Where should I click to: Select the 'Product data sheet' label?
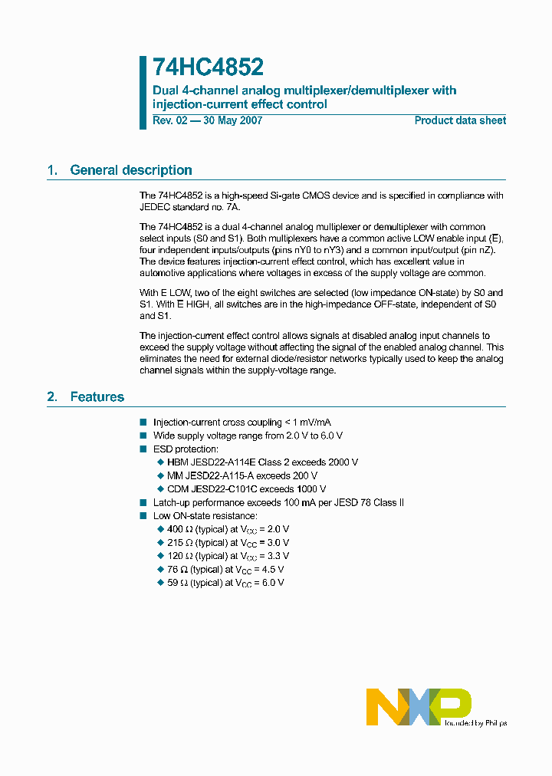[460, 120]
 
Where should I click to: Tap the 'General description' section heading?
[131, 170]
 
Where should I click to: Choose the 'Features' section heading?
[97, 396]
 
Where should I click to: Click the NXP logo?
[418, 707]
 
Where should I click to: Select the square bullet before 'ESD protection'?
[143, 449]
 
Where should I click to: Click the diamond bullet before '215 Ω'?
[160, 543]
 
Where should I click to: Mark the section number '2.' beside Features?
[52, 396]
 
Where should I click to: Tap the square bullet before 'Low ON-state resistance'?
[143, 516]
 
